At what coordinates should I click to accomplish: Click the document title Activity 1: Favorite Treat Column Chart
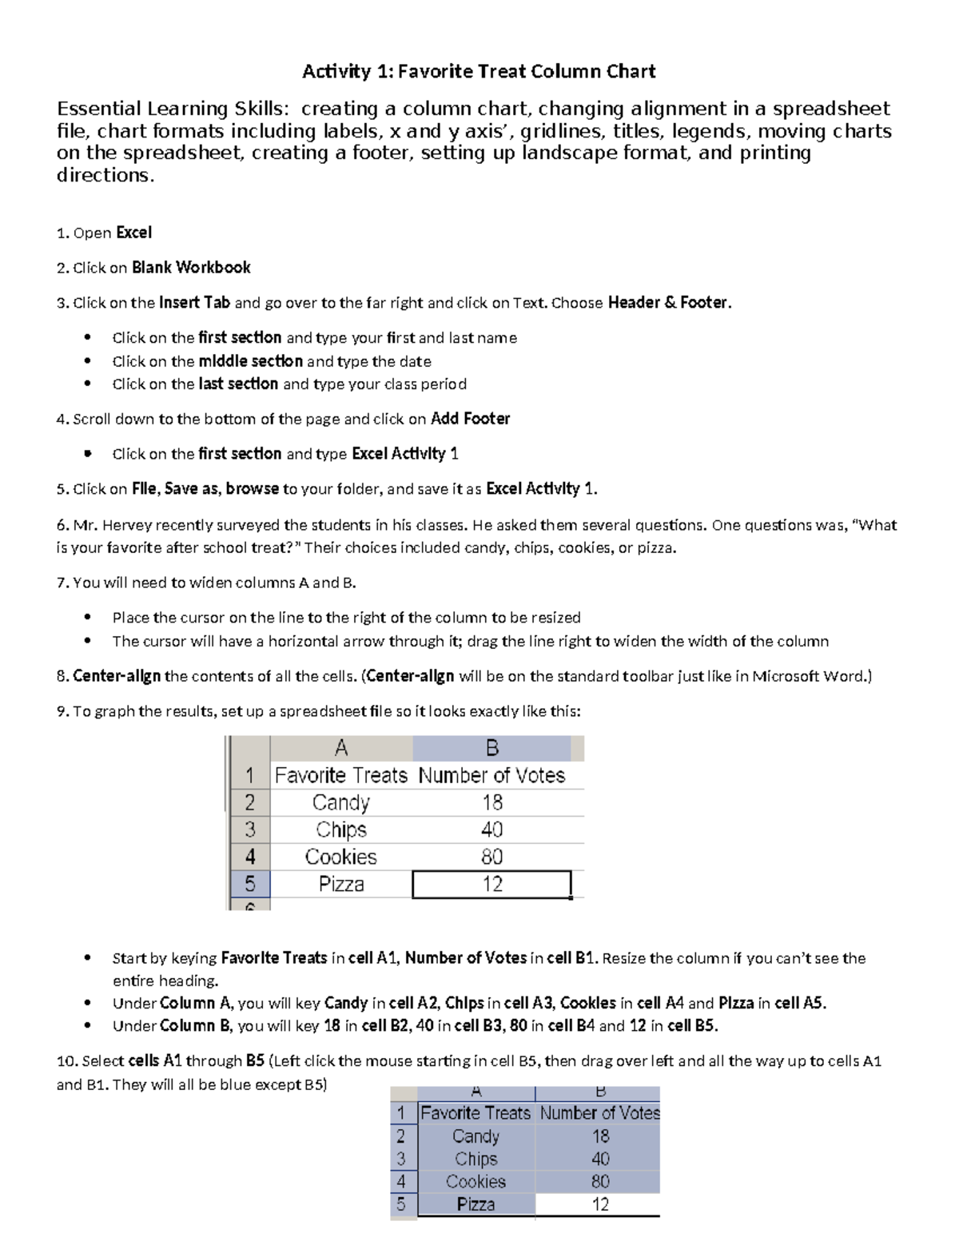point(479,72)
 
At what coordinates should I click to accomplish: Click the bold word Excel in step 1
point(133,233)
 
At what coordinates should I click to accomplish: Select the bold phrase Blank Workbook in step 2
point(191,268)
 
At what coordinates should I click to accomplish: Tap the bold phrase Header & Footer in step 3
point(668,303)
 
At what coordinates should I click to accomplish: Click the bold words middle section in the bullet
point(250,361)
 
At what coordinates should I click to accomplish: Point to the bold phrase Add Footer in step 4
point(470,419)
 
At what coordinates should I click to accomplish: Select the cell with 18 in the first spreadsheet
point(492,802)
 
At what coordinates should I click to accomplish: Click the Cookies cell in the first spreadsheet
point(340,857)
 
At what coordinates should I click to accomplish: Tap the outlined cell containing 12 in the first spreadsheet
point(492,884)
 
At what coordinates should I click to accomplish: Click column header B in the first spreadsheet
point(492,748)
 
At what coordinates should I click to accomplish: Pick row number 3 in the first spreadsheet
point(250,829)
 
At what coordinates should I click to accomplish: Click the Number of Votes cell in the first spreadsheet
point(492,775)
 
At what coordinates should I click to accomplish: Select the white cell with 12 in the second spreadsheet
point(600,1204)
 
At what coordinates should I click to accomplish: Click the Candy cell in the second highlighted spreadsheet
point(476,1136)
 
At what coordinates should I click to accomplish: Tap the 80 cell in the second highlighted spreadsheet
point(600,1181)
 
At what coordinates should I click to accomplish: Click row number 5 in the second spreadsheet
point(401,1204)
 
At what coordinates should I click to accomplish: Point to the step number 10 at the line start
point(65,1061)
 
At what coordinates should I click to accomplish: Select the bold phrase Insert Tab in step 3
point(194,303)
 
